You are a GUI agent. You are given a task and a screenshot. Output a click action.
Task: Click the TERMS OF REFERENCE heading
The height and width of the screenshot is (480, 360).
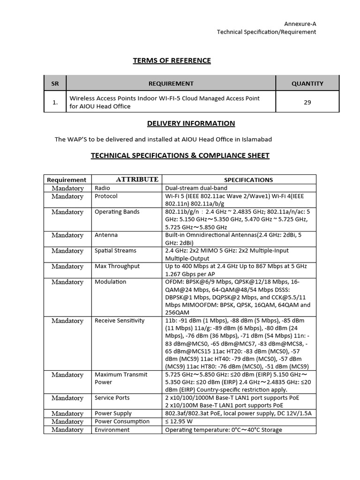coord(172,60)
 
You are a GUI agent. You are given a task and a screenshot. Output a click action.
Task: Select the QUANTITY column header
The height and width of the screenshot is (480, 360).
coord(307,83)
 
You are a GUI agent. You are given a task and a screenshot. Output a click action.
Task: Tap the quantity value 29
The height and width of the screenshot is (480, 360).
coord(307,102)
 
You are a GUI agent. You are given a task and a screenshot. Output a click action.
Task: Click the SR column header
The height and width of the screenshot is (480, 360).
coord(55,83)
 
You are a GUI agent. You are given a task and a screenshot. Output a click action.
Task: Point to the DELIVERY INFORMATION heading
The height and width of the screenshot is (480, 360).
coord(191,123)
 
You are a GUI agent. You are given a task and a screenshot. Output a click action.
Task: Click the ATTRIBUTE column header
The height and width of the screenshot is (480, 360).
coord(137,180)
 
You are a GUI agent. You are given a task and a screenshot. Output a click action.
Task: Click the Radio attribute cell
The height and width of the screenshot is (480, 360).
coord(103,188)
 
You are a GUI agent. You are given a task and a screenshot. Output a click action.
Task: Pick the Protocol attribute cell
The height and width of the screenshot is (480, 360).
coord(106,196)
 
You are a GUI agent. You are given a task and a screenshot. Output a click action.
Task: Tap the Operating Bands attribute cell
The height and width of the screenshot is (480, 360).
coord(117,212)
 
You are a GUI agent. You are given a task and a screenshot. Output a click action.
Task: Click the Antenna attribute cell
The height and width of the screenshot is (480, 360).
coord(106,235)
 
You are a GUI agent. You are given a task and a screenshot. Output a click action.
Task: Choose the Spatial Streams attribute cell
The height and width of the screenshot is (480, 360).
coord(115,251)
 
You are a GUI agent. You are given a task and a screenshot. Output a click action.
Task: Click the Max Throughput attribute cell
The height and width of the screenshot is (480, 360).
coord(117,266)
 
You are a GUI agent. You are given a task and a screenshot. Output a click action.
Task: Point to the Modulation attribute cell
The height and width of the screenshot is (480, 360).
coord(110,282)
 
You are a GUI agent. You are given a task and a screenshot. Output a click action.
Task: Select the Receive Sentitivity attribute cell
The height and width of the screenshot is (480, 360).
coord(120,321)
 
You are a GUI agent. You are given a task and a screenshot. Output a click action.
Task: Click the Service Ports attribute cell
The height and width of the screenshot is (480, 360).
coord(112,398)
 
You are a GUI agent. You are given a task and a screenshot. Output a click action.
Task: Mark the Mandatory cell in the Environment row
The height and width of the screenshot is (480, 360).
coord(67,430)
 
